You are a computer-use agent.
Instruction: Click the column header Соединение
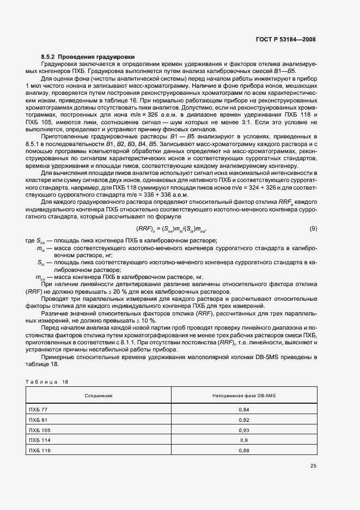tap(99, 395)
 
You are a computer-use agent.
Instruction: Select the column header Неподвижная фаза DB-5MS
tap(243, 395)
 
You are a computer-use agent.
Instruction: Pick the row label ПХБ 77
tap(38, 409)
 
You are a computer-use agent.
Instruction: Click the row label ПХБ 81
tap(38, 420)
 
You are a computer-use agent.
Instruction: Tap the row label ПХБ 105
tap(39, 429)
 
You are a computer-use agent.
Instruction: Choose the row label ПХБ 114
tap(39, 440)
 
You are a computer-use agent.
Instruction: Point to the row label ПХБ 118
tap(39, 450)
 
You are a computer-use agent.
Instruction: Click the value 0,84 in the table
tap(243, 409)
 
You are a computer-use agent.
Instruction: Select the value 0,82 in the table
tap(243, 420)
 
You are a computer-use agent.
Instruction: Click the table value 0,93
tap(243, 429)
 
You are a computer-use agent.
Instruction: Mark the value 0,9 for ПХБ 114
tap(243, 440)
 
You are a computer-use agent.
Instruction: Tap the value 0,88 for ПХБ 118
tap(243, 450)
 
